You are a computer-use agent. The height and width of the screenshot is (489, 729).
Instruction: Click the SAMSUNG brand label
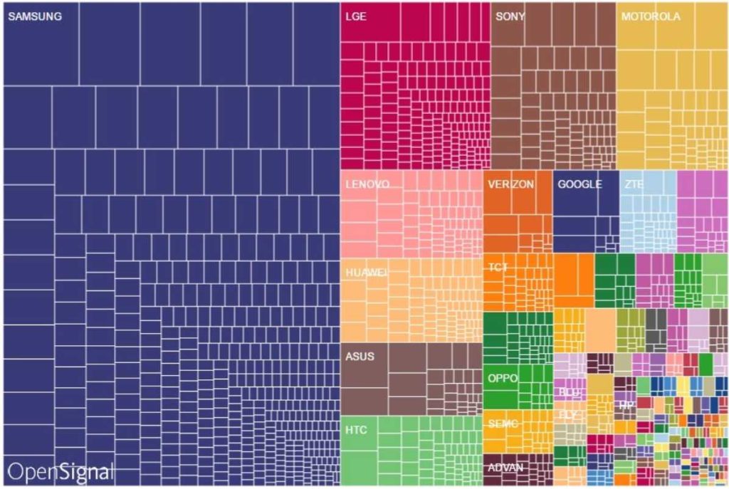[34, 16]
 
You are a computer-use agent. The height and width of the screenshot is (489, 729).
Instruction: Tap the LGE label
[355, 16]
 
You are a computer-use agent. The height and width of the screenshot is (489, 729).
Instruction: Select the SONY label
[510, 16]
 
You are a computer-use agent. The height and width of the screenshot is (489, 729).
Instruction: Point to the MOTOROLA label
[651, 16]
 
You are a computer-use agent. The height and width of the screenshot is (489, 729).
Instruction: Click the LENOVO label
[367, 184]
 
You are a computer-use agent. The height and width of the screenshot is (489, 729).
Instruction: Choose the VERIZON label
[510, 184]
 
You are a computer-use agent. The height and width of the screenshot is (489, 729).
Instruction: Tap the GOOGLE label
[579, 184]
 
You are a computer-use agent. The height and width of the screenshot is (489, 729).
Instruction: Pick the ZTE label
[634, 184]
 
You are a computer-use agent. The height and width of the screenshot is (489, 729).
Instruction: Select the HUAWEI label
[367, 272]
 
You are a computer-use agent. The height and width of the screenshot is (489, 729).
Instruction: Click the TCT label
[498, 268]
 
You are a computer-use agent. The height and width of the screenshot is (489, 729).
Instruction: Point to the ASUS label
[360, 356]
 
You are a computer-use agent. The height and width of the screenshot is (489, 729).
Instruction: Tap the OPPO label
[502, 378]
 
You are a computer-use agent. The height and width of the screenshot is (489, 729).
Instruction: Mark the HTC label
[356, 430]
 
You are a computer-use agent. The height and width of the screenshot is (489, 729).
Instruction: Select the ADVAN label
[506, 468]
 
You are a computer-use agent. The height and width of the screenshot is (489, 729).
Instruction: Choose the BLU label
[569, 392]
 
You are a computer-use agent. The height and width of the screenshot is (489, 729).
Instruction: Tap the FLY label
[568, 414]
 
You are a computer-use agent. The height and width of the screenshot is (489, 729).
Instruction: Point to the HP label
[626, 405]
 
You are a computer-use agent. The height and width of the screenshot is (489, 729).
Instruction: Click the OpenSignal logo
[61, 471]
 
